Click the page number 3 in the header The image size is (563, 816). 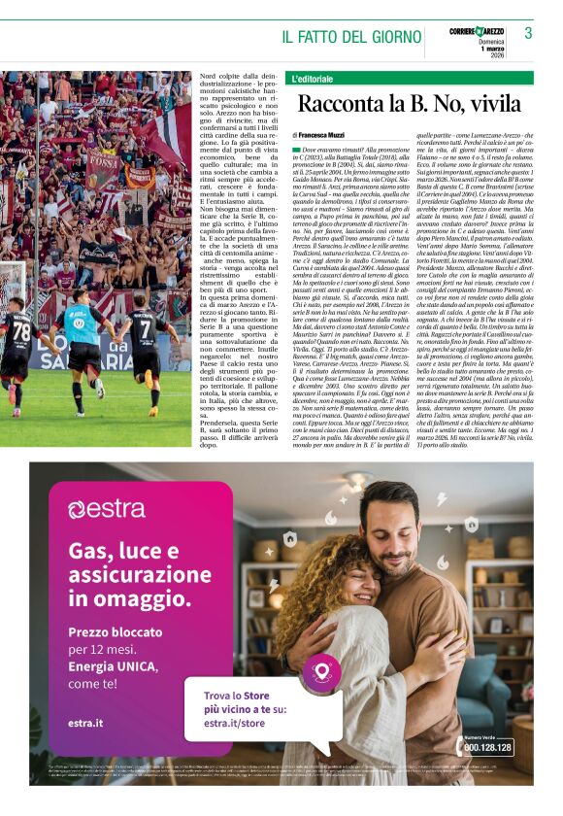[x=527, y=34]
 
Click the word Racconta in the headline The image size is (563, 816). [x=343, y=105]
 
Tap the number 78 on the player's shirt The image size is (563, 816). [x=20, y=331]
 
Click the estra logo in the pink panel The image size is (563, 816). [x=107, y=508]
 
